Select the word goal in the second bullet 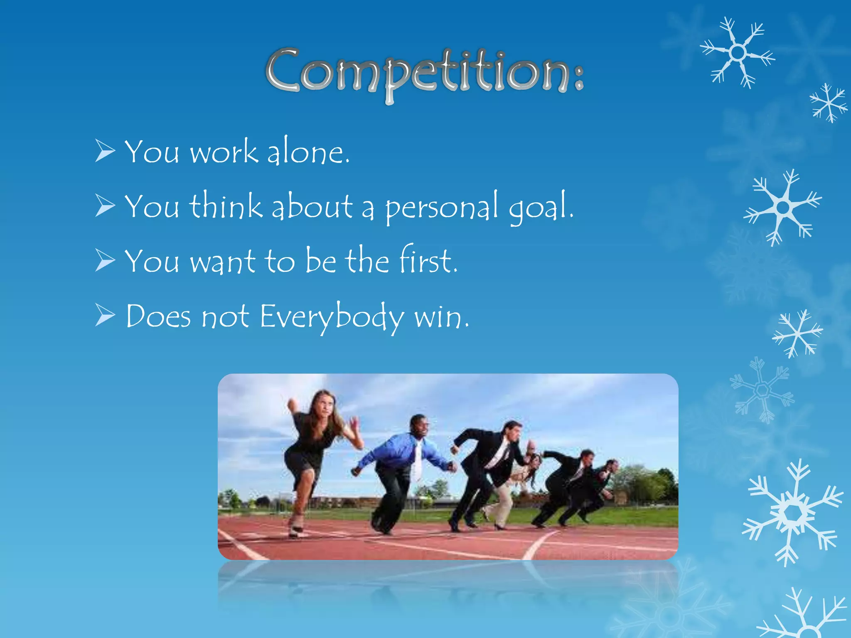point(540,208)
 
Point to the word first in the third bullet point(428,261)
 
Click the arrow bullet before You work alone point(105,151)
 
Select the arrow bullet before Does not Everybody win point(105,315)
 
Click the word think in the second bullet point(226,206)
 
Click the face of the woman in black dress point(326,405)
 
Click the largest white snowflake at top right point(738,53)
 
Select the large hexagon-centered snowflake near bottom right point(793,513)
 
